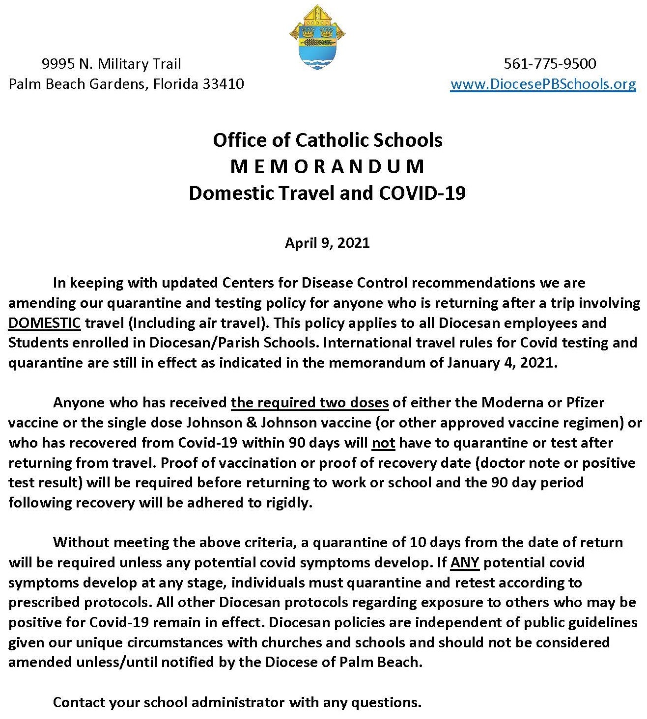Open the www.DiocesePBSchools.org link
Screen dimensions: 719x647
(x=543, y=84)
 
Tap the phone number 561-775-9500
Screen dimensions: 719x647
(x=550, y=64)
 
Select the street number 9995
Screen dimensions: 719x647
(x=58, y=64)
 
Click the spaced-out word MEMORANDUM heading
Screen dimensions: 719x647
(x=327, y=167)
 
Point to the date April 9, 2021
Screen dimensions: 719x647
(x=327, y=243)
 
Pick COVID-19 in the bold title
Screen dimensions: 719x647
(x=422, y=193)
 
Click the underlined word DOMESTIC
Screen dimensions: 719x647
(x=44, y=323)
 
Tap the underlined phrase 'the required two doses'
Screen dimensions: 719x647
(x=309, y=402)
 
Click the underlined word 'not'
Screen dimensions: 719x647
(x=384, y=443)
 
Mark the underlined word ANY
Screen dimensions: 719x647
(x=464, y=562)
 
